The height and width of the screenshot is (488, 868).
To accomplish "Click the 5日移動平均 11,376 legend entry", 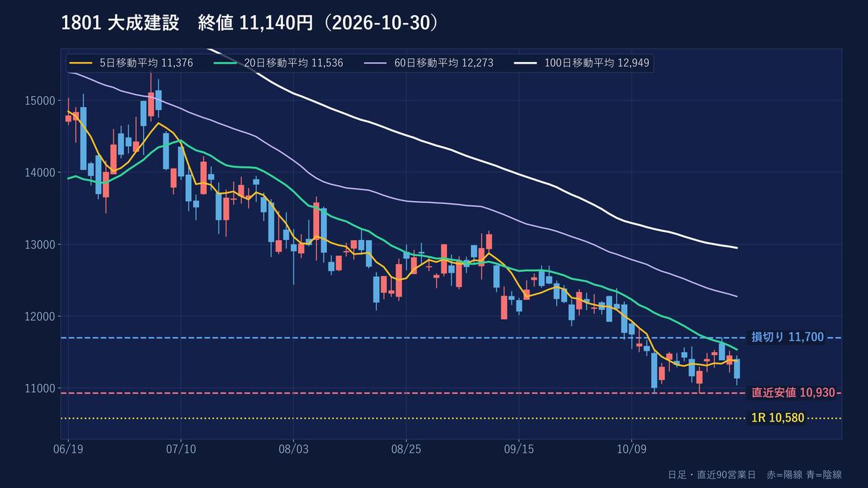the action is tap(131, 63).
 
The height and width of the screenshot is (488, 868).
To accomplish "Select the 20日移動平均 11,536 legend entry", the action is tap(278, 63).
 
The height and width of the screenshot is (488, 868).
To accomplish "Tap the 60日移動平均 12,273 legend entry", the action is tap(428, 63).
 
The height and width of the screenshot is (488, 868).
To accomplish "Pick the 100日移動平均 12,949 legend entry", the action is tap(582, 63).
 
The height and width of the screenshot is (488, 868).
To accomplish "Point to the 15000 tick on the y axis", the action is tap(40, 100).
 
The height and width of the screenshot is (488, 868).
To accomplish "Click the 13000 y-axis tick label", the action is tap(40, 245).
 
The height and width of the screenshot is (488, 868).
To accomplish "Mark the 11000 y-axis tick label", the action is tap(40, 388).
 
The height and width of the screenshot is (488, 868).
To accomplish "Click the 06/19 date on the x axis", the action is tap(68, 449).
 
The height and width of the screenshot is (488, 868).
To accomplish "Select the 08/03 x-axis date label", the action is tap(294, 449).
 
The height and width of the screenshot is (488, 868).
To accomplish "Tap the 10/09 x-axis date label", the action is tap(631, 449).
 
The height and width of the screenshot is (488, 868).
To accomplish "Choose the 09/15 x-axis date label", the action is tap(519, 449).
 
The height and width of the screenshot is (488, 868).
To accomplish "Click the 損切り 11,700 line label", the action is tap(788, 337).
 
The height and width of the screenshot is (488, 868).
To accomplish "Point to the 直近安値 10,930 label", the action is tap(793, 393).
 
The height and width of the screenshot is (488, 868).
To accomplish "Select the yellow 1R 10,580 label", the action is tap(778, 418).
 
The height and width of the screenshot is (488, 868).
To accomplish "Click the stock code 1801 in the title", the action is tap(81, 23).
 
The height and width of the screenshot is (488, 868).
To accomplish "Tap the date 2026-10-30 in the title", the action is tap(381, 23).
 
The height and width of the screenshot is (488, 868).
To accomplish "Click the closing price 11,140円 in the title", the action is tap(276, 23).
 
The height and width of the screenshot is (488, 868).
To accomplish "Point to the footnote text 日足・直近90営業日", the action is tap(712, 474).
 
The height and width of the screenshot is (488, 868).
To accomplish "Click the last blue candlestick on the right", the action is tap(736, 369).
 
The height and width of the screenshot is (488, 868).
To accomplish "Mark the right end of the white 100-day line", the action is tap(736, 248).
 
